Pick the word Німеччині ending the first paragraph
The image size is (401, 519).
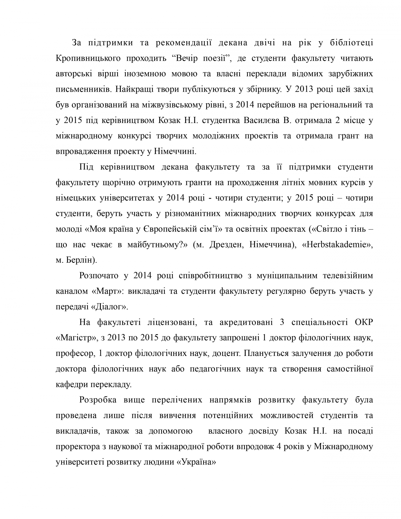pyautogui.click(x=175, y=152)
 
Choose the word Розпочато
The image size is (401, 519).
pyautogui.click(x=99, y=276)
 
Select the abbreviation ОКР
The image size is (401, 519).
pyautogui.click(x=364, y=322)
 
